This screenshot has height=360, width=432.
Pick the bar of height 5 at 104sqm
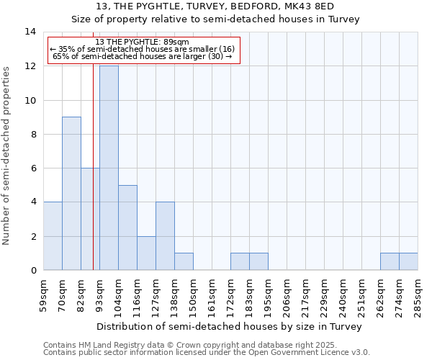(x=127, y=228)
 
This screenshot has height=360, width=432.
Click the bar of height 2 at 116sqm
(x=146, y=253)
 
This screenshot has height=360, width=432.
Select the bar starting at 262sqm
(x=390, y=261)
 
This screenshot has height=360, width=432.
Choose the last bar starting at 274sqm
(x=408, y=261)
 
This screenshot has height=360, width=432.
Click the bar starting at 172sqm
(x=240, y=261)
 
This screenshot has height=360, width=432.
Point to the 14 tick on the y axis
(x=30, y=32)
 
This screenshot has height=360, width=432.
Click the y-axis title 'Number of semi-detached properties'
(x=7, y=156)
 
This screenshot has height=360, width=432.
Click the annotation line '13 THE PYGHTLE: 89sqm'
(x=142, y=42)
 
